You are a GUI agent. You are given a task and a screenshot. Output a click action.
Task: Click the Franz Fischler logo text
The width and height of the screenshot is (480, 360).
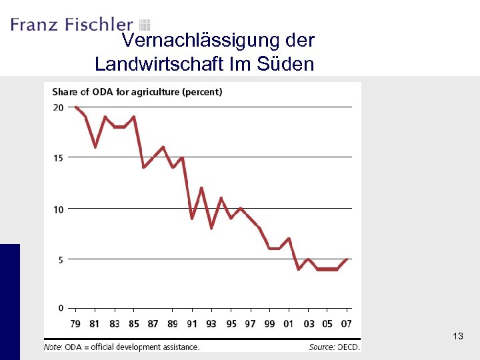[x=71, y=25]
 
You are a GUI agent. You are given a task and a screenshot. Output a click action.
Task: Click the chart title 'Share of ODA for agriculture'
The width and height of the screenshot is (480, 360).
[x=137, y=92]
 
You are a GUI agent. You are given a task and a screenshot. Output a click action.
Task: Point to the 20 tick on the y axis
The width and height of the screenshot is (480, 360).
[x=58, y=107]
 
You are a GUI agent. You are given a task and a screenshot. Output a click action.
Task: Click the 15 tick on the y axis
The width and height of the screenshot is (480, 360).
[x=58, y=158]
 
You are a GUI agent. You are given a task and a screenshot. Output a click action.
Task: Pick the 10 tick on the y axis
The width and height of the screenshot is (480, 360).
[x=58, y=209]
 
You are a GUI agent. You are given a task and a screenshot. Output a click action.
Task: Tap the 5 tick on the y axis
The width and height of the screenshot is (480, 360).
[x=60, y=260]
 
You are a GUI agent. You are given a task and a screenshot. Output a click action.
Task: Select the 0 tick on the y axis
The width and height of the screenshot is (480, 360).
[x=60, y=308]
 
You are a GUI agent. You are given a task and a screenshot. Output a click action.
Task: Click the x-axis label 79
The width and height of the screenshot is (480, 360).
[x=75, y=324]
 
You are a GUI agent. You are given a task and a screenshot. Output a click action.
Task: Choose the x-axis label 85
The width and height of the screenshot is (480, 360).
[x=134, y=324]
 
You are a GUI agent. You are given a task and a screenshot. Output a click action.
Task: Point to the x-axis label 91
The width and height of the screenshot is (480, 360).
[x=192, y=324]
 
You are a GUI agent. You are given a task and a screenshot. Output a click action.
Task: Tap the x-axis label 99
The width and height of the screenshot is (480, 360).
[x=269, y=324]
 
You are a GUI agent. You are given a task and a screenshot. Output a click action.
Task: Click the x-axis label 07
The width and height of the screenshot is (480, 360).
[x=347, y=324]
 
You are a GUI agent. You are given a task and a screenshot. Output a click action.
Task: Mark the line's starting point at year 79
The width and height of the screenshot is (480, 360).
[x=75, y=107]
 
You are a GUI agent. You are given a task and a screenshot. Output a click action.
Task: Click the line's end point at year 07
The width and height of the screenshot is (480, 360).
[x=347, y=259]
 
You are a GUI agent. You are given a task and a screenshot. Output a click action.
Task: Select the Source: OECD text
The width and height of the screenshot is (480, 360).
[x=334, y=347]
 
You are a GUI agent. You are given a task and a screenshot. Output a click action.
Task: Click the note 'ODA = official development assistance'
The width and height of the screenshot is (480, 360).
[x=122, y=347]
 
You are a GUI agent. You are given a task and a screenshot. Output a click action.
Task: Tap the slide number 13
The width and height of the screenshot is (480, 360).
[x=457, y=337]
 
